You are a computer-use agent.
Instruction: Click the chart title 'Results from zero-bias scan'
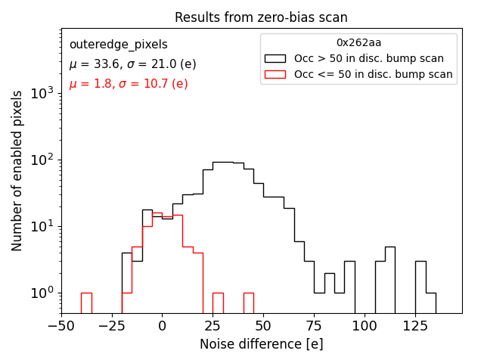click(x=261, y=17)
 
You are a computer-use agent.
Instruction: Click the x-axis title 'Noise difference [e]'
click(x=261, y=344)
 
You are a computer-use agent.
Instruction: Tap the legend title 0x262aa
click(x=358, y=43)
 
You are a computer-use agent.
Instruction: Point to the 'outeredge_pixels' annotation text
click(x=118, y=45)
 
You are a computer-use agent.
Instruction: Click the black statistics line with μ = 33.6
click(x=132, y=64)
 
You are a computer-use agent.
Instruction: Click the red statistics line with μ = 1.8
click(x=129, y=84)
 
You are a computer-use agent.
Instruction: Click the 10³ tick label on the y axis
click(x=42, y=94)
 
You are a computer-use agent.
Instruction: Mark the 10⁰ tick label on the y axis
click(x=42, y=293)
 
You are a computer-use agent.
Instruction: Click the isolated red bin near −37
click(x=86, y=302)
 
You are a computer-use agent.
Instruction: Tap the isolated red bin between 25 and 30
click(x=218, y=302)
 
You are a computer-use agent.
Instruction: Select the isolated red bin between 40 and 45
click(x=248, y=302)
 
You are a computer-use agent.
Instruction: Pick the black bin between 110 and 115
click(x=389, y=280)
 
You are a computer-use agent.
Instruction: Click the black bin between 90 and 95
click(x=349, y=287)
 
